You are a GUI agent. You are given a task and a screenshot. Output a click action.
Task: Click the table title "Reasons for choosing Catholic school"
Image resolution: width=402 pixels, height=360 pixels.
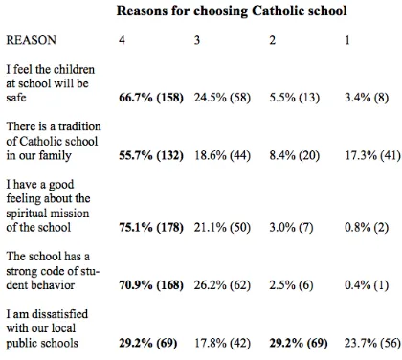coord(232,11)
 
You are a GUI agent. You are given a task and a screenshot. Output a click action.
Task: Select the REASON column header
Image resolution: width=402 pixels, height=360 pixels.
coord(32,40)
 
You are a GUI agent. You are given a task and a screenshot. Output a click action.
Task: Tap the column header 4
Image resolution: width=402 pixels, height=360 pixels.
coord(122,40)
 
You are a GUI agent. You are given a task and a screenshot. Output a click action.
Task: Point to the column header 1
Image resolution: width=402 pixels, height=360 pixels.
coord(347,40)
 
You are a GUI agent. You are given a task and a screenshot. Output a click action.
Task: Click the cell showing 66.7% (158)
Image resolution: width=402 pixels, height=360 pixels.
coord(151,98)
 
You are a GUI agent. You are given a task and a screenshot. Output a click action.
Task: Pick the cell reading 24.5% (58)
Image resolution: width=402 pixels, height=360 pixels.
coord(222,98)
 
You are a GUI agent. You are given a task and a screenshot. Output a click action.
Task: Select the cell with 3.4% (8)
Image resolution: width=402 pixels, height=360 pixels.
coord(367,98)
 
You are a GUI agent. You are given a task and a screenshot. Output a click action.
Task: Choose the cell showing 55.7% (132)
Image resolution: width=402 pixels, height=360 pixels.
coord(151,155)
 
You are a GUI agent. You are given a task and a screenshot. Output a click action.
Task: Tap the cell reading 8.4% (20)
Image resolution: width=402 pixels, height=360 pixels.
coord(295,155)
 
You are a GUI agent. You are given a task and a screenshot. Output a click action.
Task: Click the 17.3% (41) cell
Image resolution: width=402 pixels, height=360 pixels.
coord(372,155)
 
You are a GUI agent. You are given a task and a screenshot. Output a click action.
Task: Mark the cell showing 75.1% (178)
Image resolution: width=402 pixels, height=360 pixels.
coord(151,228)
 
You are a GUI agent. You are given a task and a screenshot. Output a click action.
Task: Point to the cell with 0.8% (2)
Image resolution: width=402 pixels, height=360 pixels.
coord(367,228)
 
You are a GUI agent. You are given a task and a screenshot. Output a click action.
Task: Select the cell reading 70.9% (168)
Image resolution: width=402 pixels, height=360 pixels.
coord(151,285)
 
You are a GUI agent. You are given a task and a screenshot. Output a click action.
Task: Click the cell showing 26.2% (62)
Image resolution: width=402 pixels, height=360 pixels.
coord(222,285)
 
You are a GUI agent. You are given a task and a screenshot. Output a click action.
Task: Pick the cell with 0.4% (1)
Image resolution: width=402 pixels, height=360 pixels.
coord(367,285)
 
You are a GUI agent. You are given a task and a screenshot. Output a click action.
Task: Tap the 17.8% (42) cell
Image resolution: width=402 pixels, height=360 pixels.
coord(222,343)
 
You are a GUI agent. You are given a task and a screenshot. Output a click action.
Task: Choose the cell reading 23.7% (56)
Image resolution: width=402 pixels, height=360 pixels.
coord(372,343)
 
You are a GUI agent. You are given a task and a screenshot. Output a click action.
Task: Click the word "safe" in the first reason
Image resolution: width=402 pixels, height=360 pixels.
coord(16,98)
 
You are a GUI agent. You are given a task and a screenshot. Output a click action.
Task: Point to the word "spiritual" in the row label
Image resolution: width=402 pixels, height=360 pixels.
coord(27,214)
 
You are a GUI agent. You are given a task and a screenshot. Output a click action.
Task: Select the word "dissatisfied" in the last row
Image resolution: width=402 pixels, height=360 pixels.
coord(59,314)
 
